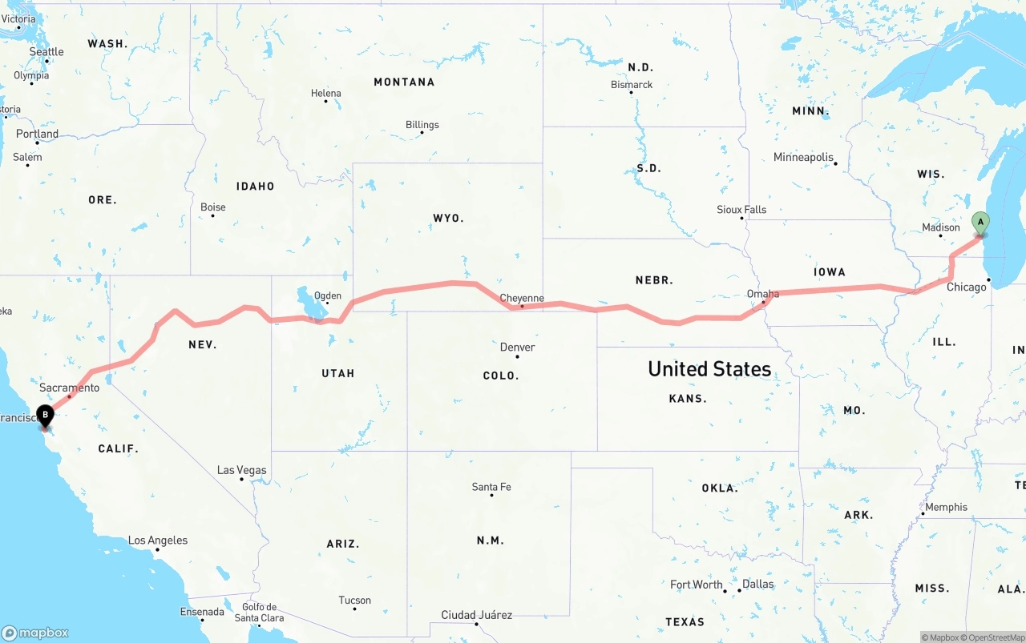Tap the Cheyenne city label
[522, 298]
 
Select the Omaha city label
[762, 294]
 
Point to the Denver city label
[517, 347]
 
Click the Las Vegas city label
[242, 470]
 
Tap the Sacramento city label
[70, 388]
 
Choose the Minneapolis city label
[803, 157]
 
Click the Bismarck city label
[632, 84]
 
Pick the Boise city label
[212, 207]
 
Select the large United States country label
[709, 368]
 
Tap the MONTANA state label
[404, 82]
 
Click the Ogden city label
[327, 295]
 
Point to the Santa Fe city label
[491, 487]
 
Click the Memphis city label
[946, 507]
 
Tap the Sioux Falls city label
[741, 209]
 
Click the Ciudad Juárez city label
[476, 615]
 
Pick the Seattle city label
[46, 52]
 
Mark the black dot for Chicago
[989, 279]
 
